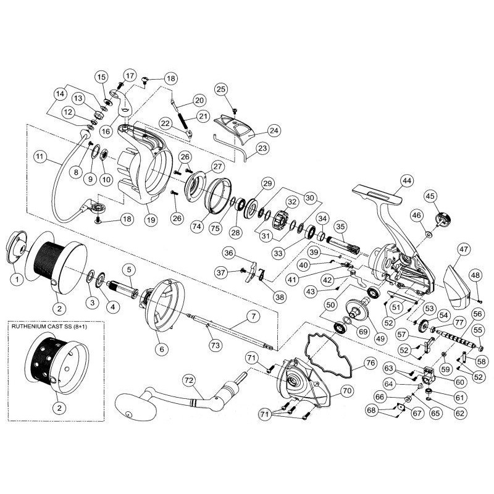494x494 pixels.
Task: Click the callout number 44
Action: coord(405,181)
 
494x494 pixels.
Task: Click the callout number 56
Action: coord(477,314)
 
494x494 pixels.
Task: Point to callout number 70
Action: coord(346,390)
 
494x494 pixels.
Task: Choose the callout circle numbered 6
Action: coord(162,349)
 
